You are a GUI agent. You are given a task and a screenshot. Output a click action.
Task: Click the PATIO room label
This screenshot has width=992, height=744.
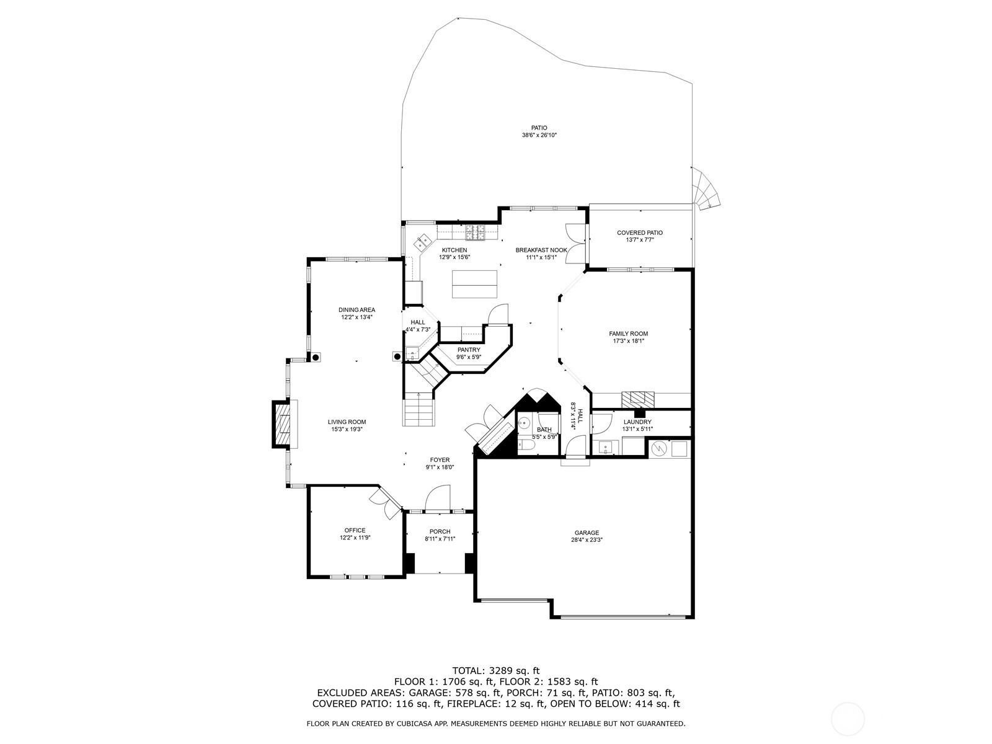pyautogui.click(x=539, y=128)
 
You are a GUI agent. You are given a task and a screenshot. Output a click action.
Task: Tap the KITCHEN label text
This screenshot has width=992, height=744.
pyautogui.click(x=454, y=250)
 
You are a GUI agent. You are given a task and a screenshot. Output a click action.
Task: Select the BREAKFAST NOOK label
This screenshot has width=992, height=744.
pyautogui.click(x=541, y=250)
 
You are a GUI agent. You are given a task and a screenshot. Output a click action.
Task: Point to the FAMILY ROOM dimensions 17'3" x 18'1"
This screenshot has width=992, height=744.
pyautogui.click(x=628, y=341)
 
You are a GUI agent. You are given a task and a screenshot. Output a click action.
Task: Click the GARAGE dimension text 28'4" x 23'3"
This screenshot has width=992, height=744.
pyautogui.click(x=587, y=540)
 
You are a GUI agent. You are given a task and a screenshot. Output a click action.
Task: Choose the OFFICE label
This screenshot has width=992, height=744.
pyautogui.click(x=355, y=530)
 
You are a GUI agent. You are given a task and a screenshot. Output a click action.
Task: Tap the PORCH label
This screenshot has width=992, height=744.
pyautogui.click(x=440, y=532)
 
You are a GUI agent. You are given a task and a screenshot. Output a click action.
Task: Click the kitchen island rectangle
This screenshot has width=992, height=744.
pyautogui.click(x=474, y=284)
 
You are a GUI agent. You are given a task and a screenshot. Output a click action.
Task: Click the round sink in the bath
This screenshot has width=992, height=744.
pyautogui.click(x=525, y=423)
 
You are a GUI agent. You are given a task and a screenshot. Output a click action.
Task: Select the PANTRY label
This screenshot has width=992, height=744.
pyautogui.click(x=469, y=350)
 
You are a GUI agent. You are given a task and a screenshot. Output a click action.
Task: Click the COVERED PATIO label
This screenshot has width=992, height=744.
pyautogui.click(x=640, y=232)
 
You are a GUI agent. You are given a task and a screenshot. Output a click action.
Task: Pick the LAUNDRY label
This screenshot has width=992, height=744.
pyautogui.click(x=637, y=422)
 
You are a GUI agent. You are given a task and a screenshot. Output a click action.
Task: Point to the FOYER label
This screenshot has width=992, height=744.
pyautogui.click(x=440, y=460)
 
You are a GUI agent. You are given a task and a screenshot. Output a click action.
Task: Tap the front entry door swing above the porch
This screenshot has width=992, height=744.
pyautogui.click(x=438, y=498)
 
